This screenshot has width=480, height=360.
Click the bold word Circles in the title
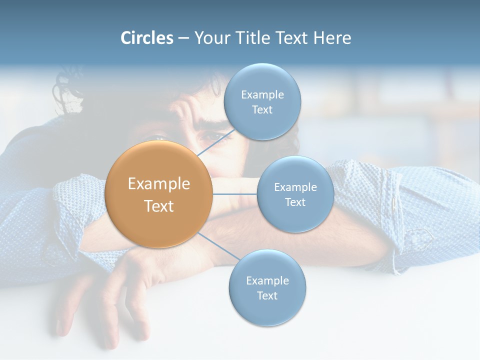[146, 38]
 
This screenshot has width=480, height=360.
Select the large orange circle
[158, 194]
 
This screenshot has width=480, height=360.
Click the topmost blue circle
[262, 102]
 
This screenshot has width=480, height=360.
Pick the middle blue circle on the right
[295, 194]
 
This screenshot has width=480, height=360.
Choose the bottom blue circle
[267, 288]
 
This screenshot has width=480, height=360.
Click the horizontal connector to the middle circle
[235, 194]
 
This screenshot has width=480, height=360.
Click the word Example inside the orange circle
[159, 183]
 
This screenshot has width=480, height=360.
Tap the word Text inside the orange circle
[159, 206]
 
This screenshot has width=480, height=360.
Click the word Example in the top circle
[262, 94]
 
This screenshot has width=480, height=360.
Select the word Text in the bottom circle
[267, 295]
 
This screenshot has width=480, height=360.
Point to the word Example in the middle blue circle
[295, 187]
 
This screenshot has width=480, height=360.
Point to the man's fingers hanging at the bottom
[100, 320]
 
